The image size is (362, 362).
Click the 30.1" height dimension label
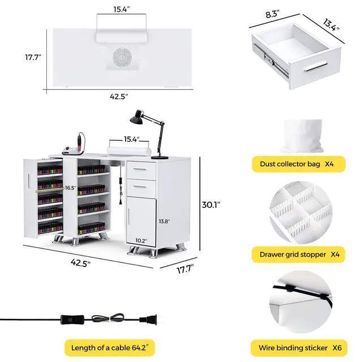[211, 205]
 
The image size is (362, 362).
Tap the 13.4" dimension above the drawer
[331, 25]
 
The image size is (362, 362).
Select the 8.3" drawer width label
[273, 14]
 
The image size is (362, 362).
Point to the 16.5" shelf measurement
[70, 188]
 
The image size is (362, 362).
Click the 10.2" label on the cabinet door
[141, 240]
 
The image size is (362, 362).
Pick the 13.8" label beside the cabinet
[164, 221]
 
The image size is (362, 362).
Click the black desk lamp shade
[136, 117]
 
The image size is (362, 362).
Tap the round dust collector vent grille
[122, 57]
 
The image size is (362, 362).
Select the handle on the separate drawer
[316, 67]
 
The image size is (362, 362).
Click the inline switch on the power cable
[72, 320]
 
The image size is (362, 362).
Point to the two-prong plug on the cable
[148, 320]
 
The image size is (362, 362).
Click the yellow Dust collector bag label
[299, 164]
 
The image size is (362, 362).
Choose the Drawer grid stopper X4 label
[298, 255]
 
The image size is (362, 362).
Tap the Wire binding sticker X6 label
[299, 348]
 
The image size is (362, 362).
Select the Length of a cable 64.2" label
[110, 348]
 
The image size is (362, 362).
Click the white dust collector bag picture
[302, 136]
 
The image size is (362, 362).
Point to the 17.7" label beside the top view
[33, 57]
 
